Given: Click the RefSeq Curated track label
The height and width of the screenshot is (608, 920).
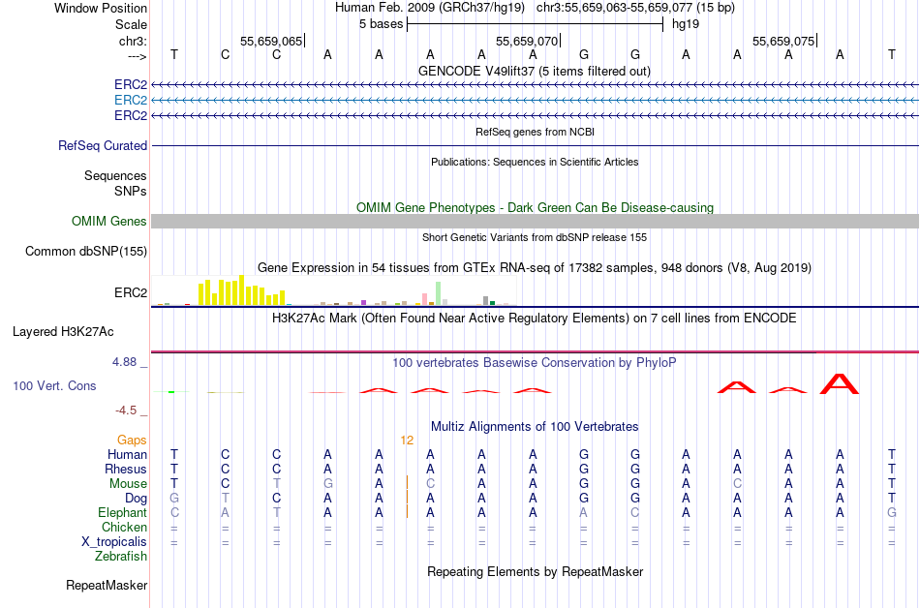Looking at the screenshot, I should click(103, 145).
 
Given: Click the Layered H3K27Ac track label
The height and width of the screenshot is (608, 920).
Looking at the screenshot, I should click(63, 331).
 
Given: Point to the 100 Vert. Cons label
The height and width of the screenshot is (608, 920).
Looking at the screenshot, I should click(54, 385).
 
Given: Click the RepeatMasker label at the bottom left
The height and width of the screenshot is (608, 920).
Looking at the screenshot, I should click(107, 585).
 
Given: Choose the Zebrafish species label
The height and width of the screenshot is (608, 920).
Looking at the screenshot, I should click(121, 556).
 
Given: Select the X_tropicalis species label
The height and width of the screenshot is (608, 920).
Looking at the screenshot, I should click(114, 541).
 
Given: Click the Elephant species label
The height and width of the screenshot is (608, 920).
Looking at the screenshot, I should click(122, 512).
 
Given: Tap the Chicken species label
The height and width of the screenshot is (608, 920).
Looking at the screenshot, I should click(124, 527).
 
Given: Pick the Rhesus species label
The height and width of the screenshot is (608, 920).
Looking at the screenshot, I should click(126, 469).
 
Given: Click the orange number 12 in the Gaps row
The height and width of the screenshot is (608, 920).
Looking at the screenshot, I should click(407, 440).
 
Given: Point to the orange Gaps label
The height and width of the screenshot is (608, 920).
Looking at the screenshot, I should click(132, 440).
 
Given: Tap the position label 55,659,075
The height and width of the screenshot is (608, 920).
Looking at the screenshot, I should click(783, 42).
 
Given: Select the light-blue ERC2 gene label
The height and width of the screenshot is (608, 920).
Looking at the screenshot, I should click(131, 100).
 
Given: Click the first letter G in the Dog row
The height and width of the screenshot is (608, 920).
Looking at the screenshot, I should click(174, 498).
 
